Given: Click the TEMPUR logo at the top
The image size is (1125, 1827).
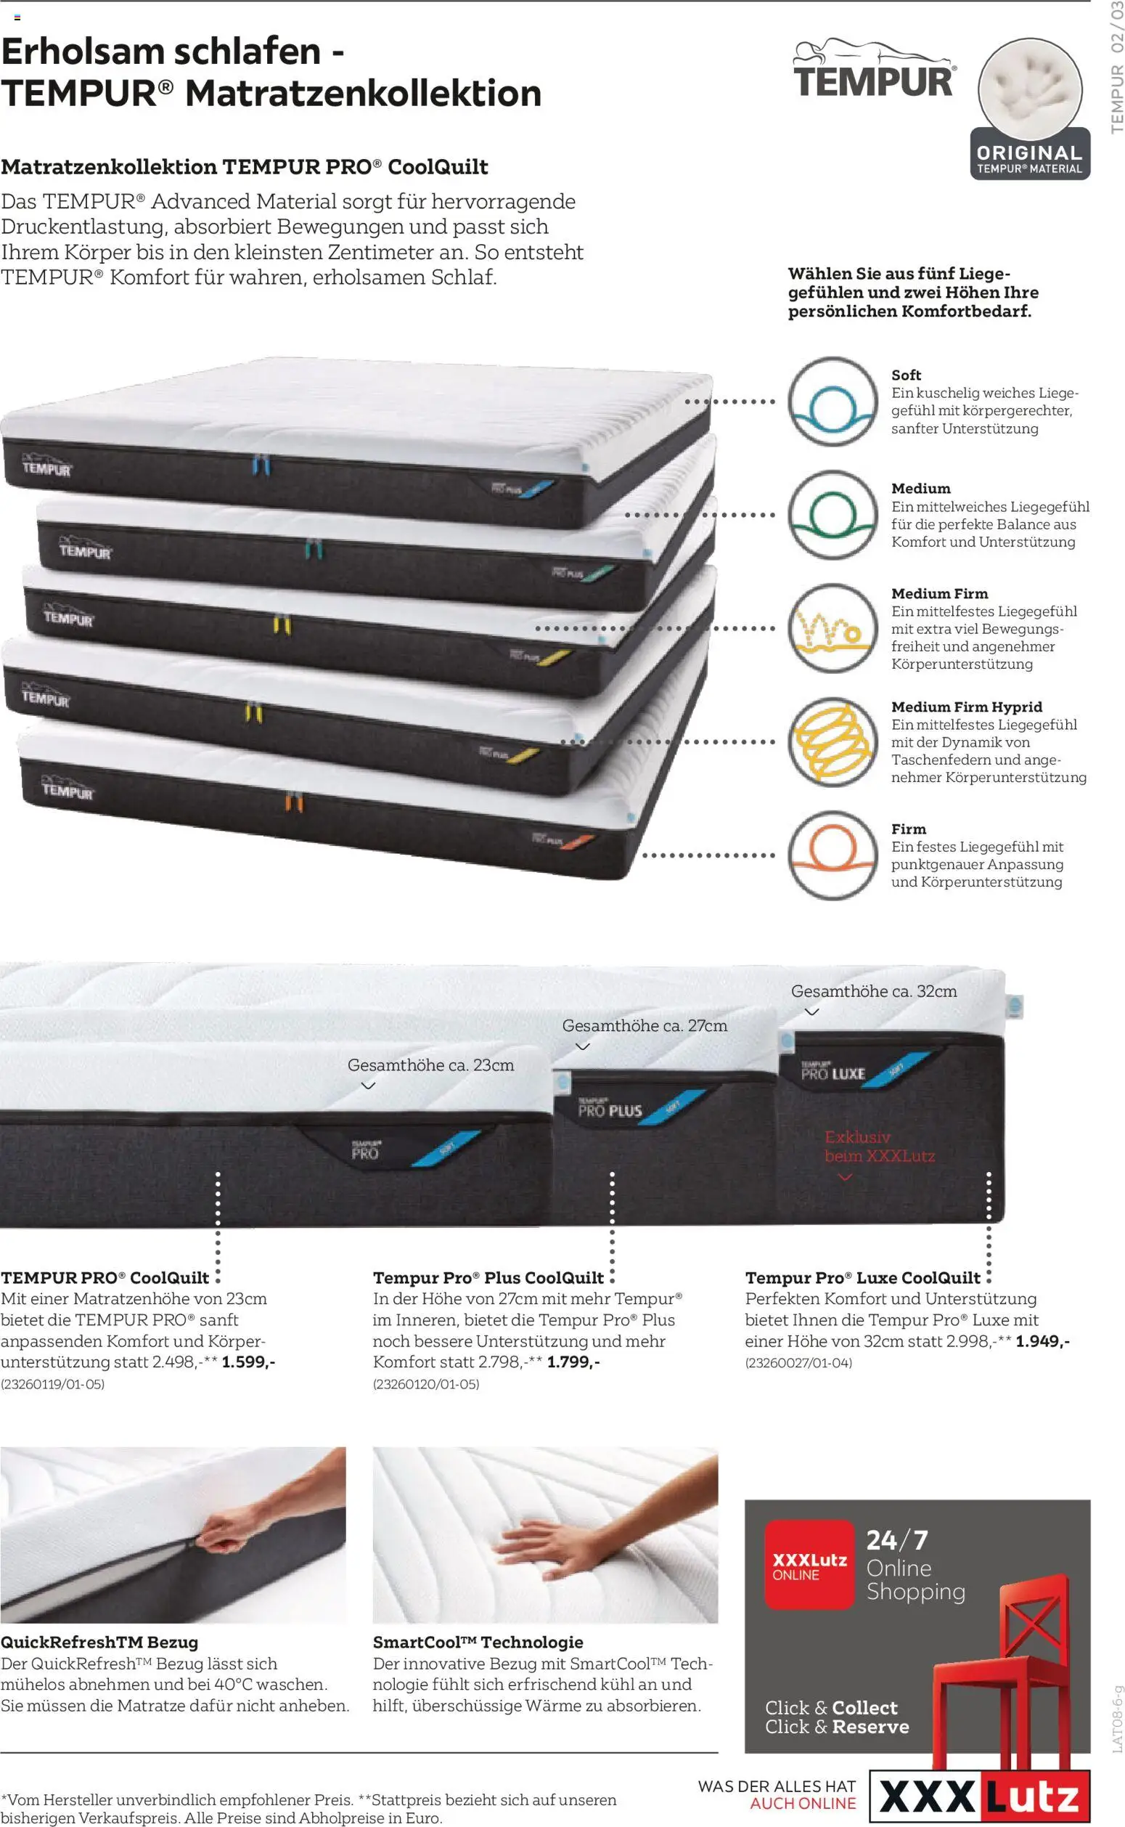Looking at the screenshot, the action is pos(875,68).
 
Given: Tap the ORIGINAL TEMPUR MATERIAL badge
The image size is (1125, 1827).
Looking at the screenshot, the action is pos(1031,109).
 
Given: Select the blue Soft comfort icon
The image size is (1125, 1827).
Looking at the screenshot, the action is pos(833,402).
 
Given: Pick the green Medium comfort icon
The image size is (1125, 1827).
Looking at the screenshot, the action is pos(833,515).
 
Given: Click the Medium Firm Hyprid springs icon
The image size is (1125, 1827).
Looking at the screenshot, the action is pos(833,742).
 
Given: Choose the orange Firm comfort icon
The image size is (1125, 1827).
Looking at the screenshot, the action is pos(833,855).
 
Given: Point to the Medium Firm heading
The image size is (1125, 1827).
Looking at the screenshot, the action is pos(940,593).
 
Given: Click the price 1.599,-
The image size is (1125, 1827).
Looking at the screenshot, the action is pos(248,1362).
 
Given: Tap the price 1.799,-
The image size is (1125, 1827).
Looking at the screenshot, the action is pos(573,1362).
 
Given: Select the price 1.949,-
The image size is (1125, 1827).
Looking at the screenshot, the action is pos(1043,1341).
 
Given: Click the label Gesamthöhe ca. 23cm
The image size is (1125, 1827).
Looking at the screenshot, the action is pos(431,1065).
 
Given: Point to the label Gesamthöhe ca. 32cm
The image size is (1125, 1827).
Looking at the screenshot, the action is pos(875,991).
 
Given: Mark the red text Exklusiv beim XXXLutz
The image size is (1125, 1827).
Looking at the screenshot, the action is pos(880,1147).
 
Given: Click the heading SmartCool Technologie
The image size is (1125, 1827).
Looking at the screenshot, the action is pos(478,1643).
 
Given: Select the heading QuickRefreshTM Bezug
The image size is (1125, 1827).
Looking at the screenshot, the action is pos(99,1643).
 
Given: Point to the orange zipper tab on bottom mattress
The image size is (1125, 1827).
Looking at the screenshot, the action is pos(294,803).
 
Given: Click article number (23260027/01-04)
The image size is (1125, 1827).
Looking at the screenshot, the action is pos(798,1362).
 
